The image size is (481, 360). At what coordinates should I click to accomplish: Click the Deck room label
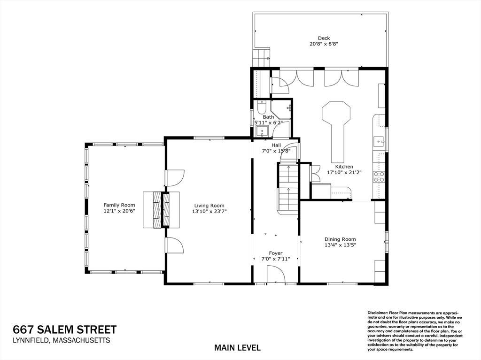[x=324, y=38]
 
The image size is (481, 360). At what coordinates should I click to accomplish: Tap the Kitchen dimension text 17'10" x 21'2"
[x=344, y=172]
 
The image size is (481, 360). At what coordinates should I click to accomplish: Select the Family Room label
[x=119, y=205]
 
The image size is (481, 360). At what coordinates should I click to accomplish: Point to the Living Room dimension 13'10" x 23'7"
[x=209, y=211]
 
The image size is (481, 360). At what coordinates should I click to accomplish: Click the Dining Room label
[x=340, y=239]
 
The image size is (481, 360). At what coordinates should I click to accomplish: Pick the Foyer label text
[x=275, y=253]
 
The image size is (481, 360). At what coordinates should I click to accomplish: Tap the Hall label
[x=276, y=145]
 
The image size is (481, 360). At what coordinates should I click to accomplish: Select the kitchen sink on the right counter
[x=380, y=142]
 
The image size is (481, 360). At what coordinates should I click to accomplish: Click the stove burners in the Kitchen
[x=379, y=176]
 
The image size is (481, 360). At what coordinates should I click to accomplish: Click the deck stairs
[x=261, y=57]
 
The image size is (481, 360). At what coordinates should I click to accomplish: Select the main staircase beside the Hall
[x=288, y=188]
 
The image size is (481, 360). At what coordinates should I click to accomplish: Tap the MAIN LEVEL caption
[x=237, y=348]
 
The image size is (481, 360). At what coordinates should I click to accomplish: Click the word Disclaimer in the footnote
[x=378, y=312]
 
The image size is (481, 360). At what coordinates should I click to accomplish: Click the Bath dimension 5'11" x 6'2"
[x=268, y=123]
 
